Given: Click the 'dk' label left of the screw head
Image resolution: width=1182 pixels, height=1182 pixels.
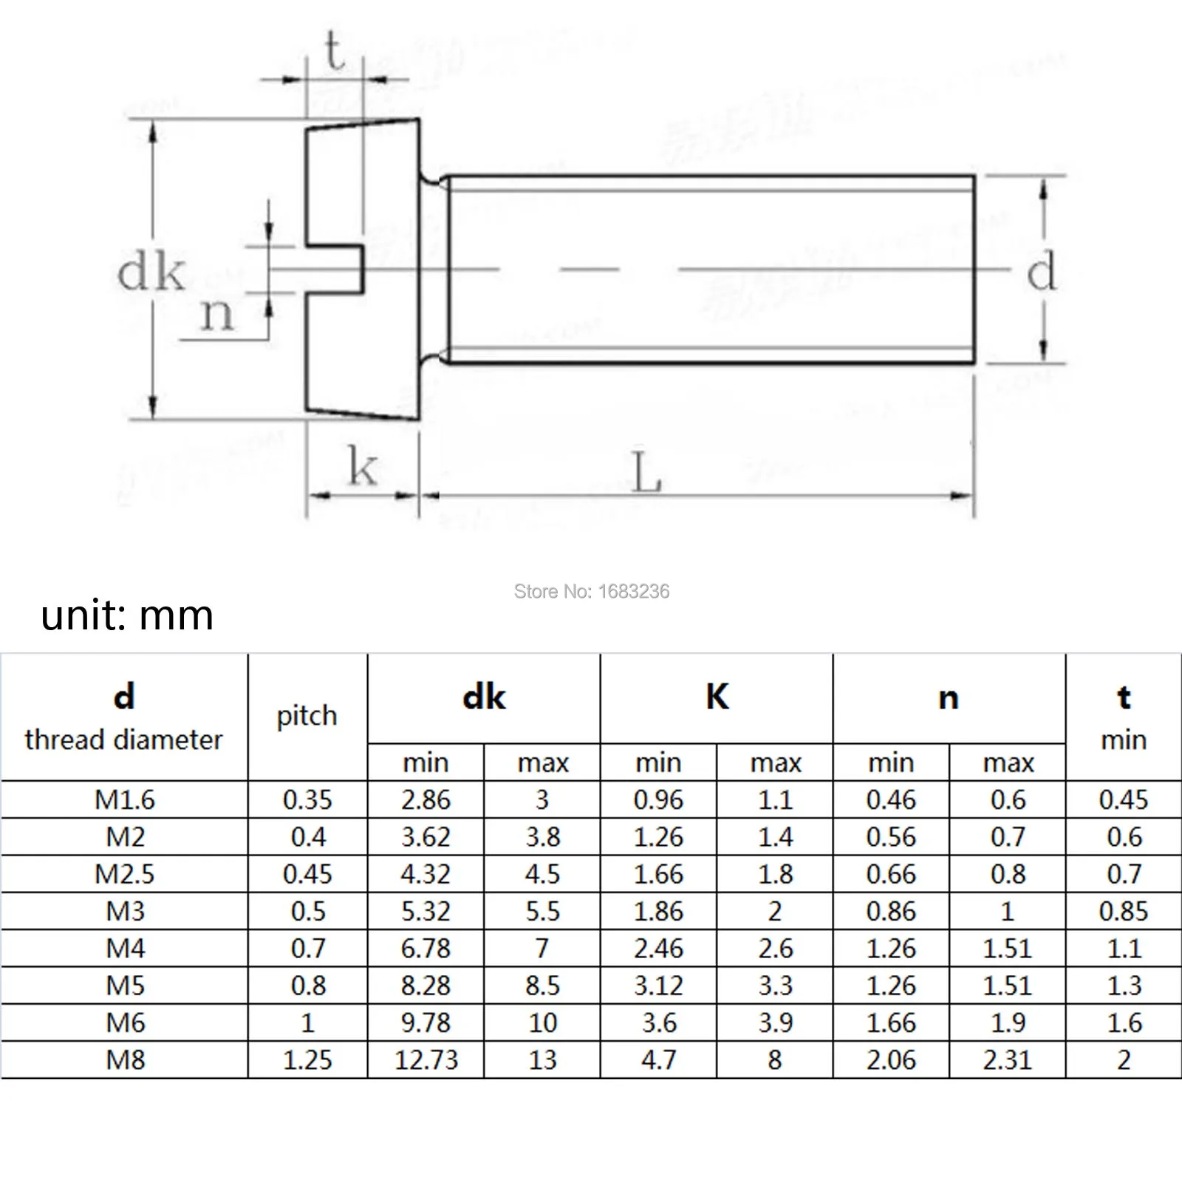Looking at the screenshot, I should (x=151, y=272).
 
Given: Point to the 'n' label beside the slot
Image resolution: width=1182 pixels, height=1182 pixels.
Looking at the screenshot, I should (x=216, y=315).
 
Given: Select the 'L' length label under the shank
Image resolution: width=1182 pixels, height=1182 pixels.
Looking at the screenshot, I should (x=647, y=472).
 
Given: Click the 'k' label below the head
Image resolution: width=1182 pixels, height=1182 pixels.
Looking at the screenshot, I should (x=362, y=468).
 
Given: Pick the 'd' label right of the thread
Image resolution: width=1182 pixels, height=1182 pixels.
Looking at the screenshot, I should (x=1042, y=272).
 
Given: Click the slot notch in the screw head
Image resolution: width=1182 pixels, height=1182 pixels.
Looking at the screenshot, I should (x=336, y=270).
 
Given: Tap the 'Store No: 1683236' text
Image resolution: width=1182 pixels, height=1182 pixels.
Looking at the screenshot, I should (x=591, y=591).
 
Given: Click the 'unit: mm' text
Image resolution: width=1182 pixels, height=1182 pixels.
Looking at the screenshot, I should (x=127, y=615).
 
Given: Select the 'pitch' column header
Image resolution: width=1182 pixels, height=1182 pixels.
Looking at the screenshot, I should (x=307, y=716).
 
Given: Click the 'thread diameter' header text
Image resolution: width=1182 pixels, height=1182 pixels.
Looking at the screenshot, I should (x=123, y=739).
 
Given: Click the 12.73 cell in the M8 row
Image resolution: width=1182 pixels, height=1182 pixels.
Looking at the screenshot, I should (x=426, y=1060).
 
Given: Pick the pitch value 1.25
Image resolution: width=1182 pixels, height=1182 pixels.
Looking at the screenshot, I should (x=307, y=1060).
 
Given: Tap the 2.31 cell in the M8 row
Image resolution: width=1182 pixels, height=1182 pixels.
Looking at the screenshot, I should (x=1008, y=1060).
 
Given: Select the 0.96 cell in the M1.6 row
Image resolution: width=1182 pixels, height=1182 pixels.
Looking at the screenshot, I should (x=658, y=800).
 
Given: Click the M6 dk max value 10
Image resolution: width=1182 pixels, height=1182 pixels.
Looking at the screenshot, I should (x=542, y=1023).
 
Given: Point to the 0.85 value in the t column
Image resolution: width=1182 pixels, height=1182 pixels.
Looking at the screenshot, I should (x=1123, y=912).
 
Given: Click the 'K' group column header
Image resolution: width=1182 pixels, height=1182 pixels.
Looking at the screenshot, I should (x=717, y=697).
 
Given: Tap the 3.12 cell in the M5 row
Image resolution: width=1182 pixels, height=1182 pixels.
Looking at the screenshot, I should (x=658, y=985).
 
